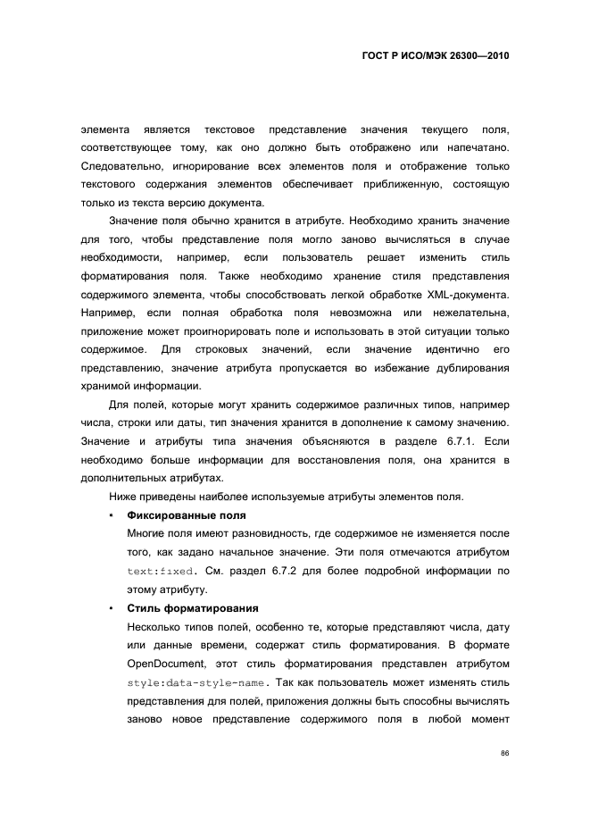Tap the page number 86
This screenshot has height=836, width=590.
(504, 753)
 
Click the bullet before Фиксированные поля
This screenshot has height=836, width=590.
(110, 515)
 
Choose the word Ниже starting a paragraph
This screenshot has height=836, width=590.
(122, 497)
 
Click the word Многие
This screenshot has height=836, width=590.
(145, 533)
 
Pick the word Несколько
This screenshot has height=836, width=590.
(154, 626)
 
